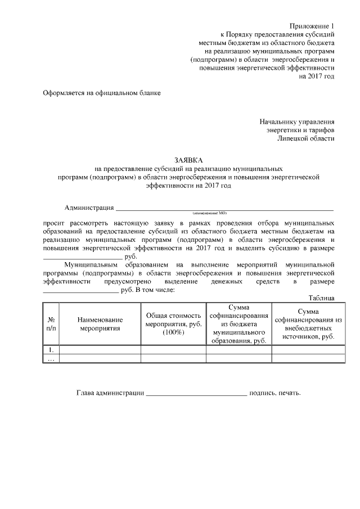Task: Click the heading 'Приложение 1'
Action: pyautogui.click(x=312, y=26)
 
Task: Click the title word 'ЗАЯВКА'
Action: pyautogui.click(x=188, y=160)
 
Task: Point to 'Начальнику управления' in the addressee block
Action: pyautogui.click(x=297, y=121)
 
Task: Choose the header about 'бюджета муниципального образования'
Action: pyautogui.click(x=239, y=323)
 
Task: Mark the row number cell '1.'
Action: pyautogui.click(x=51, y=349)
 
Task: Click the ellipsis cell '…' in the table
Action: pyautogui.click(x=51, y=358)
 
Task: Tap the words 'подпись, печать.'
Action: pyautogui.click(x=275, y=393)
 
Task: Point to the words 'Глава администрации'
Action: pyautogui.click(x=110, y=393)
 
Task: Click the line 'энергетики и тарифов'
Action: pyautogui.click(x=300, y=129)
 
